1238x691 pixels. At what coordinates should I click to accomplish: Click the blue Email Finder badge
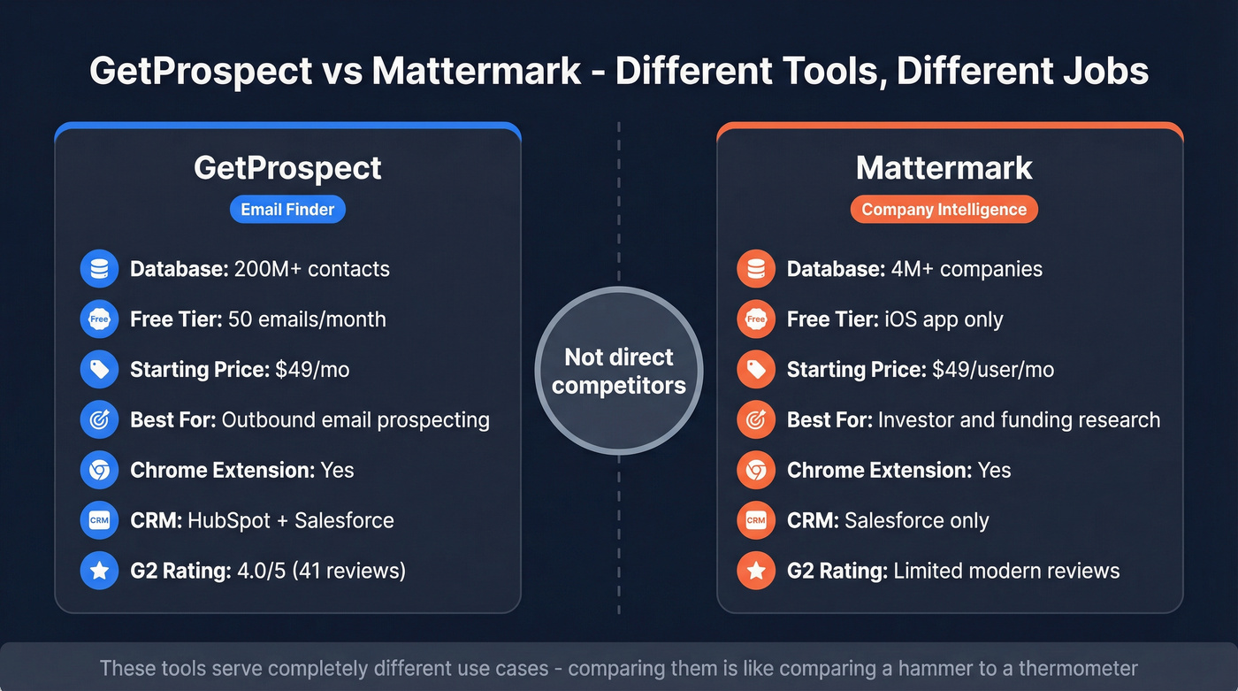287,210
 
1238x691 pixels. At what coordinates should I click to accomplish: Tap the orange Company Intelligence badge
944,210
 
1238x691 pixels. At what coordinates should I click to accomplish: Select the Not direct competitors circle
619,371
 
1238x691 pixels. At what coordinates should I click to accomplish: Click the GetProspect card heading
287,167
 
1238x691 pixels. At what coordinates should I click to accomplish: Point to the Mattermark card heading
944,167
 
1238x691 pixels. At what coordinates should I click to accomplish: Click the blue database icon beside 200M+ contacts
99,269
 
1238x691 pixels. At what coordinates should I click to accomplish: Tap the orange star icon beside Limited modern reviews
756,571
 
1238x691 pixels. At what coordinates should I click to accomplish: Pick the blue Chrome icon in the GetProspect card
99,470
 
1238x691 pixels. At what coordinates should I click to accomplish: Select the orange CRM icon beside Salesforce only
756,520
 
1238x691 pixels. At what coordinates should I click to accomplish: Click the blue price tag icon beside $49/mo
99,369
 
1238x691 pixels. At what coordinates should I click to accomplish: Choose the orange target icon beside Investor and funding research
756,419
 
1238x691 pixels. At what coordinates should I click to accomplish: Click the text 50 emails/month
307,319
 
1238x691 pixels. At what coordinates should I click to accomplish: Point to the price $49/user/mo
993,370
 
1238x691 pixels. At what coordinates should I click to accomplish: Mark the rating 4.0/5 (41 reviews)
321,571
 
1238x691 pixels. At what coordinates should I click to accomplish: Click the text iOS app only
943,319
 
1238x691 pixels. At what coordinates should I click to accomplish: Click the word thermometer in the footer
1077,668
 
